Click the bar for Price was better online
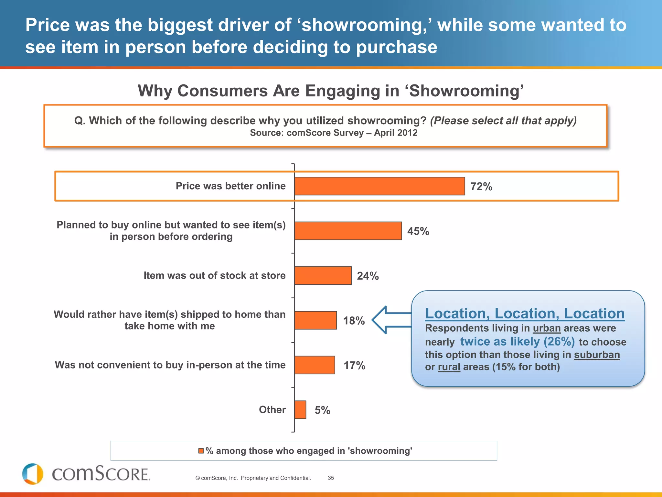tap(379, 186)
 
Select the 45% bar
tap(348, 231)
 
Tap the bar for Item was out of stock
tap(323, 275)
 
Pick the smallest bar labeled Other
tap(300, 410)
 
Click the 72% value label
tap(481, 186)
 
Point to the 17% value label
tap(354, 365)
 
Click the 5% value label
tap(322, 410)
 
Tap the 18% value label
tap(354, 321)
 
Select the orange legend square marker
tap(201, 451)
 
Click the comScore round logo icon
tap(32, 474)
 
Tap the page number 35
tap(331, 478)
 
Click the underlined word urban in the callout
tap(547, 328)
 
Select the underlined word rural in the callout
tap(449, 367)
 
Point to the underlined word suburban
tap(597, 355)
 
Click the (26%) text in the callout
tap(559, 341)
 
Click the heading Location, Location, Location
tap(525, 313)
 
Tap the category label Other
tap(272, 410)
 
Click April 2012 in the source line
tap(396, 133)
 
